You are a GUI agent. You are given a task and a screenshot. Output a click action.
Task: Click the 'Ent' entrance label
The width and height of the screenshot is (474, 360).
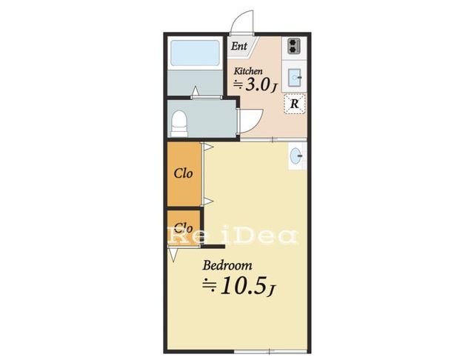(239, 46)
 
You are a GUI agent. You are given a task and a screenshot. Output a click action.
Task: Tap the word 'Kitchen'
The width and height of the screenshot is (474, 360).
(248, 71)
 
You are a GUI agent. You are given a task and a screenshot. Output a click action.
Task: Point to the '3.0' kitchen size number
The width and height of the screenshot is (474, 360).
(257, 84)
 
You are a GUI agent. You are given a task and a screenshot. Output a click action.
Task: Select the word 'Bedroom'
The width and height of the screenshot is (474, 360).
(227, 265)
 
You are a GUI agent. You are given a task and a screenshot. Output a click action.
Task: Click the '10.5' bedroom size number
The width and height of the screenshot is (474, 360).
(244, 286)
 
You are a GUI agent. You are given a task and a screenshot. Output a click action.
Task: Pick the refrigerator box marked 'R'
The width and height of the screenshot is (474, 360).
(295, 104)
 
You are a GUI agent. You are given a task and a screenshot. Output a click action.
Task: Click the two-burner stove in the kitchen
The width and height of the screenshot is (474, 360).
(293, 46)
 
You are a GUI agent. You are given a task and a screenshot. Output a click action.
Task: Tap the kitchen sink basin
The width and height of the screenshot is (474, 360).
(294, 78)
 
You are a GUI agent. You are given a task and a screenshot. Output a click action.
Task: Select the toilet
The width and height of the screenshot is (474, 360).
(179, 124)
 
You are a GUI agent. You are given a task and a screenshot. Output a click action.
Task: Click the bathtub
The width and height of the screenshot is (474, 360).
(195, 53)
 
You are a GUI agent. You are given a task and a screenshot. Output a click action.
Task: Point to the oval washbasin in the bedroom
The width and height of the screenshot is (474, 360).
(295, 156)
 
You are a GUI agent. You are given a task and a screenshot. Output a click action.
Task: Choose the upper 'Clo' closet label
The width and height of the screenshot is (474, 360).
(183, 173)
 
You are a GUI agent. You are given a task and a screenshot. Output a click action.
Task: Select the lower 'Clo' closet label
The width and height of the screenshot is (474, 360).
(183, 227)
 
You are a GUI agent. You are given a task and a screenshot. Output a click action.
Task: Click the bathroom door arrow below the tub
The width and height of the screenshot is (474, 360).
(196, 90)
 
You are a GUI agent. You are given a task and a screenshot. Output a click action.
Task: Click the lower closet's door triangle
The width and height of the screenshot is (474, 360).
(173, 254)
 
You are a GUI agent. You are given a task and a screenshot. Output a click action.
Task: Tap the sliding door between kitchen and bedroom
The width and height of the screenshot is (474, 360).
(273, 140)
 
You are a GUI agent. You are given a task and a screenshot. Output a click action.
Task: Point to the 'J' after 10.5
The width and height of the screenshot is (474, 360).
(271, 290)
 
